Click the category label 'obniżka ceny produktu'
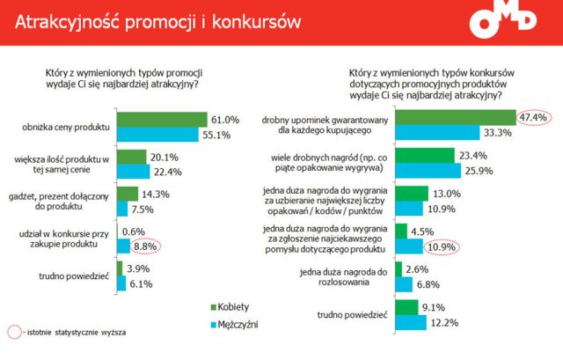69,127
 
